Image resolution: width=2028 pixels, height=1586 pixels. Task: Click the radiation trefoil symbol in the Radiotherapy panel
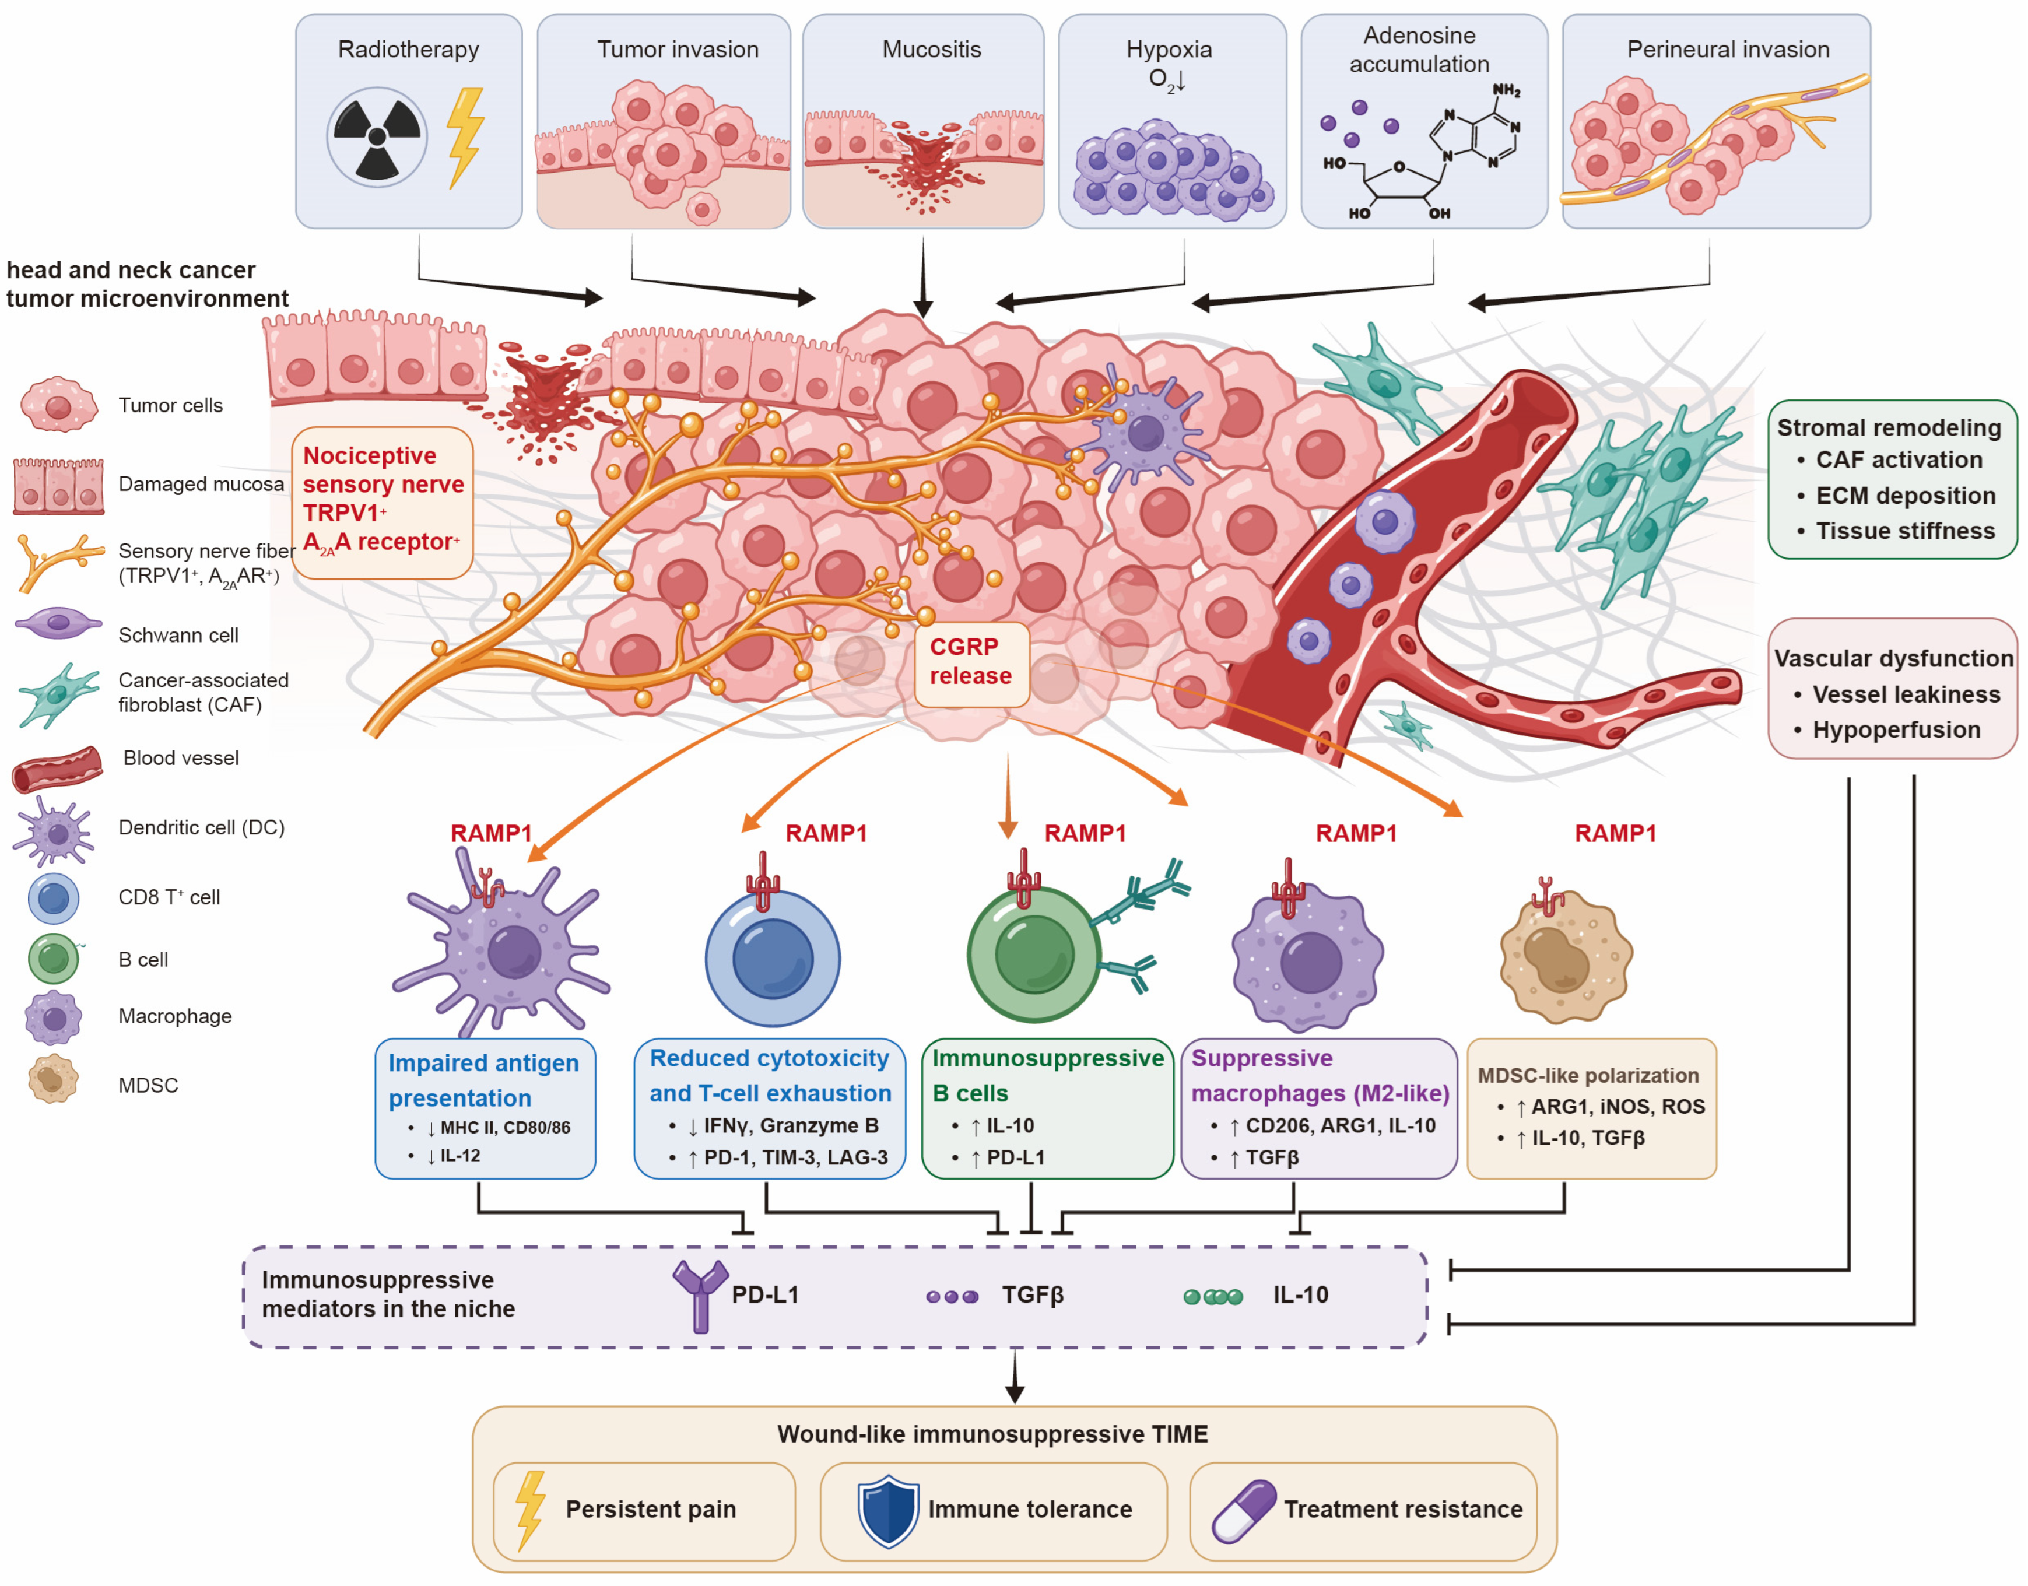377,138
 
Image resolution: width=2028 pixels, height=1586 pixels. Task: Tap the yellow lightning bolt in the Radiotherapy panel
465,138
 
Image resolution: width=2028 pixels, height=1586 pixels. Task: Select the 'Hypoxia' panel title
1169,49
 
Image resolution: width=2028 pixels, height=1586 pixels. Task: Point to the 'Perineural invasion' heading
1728,49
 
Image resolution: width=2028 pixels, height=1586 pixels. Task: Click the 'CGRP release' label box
970,661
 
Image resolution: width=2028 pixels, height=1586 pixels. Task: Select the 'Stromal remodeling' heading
1889,427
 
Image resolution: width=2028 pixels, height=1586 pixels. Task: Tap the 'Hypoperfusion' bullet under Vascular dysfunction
1896,730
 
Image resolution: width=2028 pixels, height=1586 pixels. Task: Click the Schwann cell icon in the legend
58,623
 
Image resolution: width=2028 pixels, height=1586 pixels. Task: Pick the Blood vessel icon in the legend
58,769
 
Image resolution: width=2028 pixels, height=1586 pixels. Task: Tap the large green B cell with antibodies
1034,954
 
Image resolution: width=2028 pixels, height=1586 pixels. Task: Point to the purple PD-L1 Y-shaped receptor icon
700,1296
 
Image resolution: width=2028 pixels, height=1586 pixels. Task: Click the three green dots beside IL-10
1213,1297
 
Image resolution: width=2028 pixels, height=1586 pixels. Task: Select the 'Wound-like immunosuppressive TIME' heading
992,1434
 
